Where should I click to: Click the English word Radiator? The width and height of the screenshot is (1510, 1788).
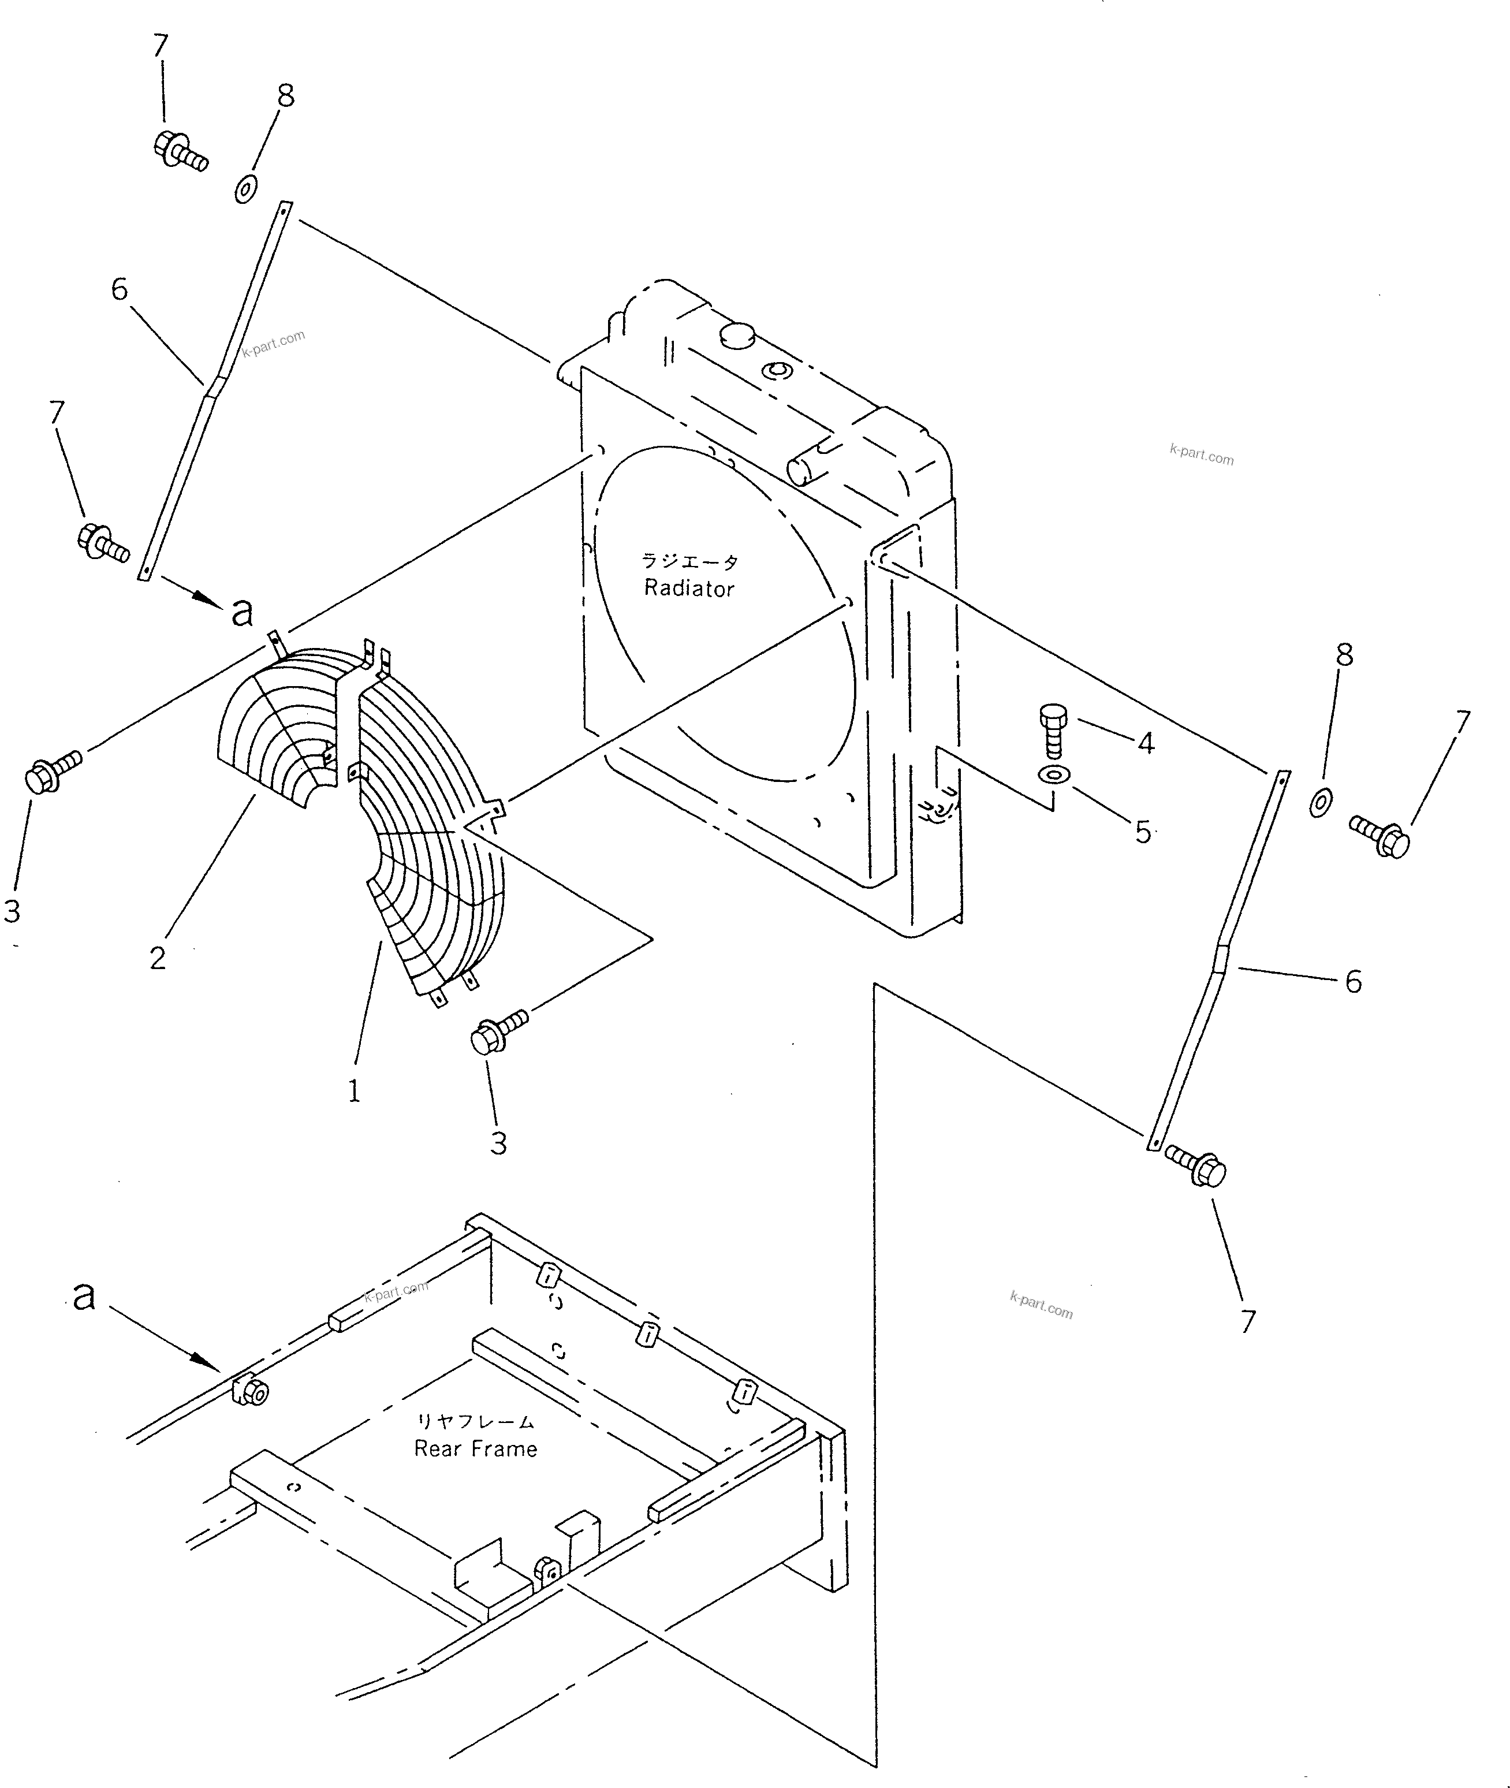coord(688,589)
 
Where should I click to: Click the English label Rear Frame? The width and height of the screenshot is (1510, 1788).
coord(475,1449)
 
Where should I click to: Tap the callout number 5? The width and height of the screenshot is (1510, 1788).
coord(1143,832)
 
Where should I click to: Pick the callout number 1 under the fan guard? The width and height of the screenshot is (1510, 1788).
coord(353,1092)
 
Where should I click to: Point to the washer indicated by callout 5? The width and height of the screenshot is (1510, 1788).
coord(1054,776)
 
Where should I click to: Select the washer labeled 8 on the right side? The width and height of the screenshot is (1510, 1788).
coord(1320,803)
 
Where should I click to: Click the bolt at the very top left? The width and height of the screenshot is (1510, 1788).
coord(180,151)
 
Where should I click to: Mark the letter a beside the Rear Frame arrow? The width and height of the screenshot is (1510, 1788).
coord(83,1296)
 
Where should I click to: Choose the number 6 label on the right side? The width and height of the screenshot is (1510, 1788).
coord(1352,982)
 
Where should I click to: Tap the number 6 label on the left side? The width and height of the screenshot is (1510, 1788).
coord(120,289)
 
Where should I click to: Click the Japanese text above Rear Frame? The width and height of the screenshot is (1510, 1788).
coord(475,1422)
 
